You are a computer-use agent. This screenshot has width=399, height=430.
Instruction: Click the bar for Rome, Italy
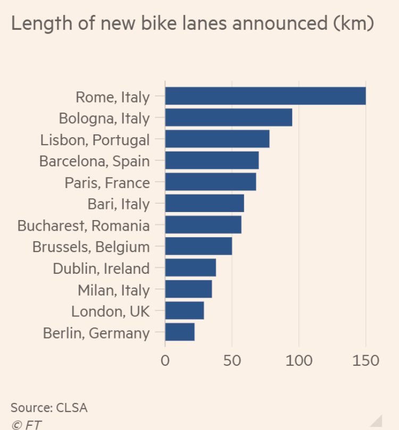click(x=265, y=96)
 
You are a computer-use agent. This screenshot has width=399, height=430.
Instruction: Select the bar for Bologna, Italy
click(x=229, y=117)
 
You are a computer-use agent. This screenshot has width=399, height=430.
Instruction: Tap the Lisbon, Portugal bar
click(x=217, y=139)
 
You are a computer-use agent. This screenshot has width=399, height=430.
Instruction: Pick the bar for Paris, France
click(x=211, y=182)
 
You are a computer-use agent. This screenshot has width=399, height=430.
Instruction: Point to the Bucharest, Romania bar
click(x=203, y=225)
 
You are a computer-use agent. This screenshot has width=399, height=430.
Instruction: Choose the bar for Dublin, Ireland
click(x=190, y=268)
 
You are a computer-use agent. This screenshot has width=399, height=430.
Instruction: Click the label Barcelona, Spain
click(x=95, y=161)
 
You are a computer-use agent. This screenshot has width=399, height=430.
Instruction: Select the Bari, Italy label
click(x=118, y=204)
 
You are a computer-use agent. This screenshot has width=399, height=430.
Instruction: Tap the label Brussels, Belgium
click(x=91, y=247)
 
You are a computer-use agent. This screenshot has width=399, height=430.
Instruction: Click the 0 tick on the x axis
click(x=165, y=361)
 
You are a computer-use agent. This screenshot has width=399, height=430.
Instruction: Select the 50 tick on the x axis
click(x=232, y=361)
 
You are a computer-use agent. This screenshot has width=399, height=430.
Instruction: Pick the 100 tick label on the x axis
click(x=298, y=361)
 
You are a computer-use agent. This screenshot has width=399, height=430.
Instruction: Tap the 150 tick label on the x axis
click(x=365, y=361)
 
